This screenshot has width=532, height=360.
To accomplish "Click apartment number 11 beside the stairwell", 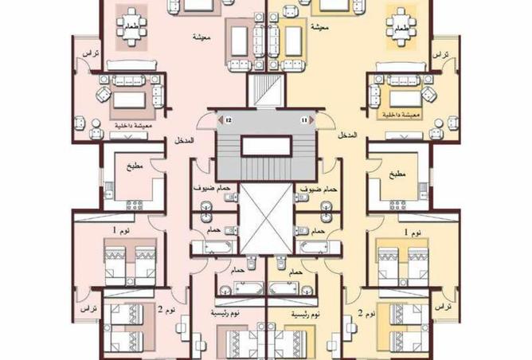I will tap(303, 119).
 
